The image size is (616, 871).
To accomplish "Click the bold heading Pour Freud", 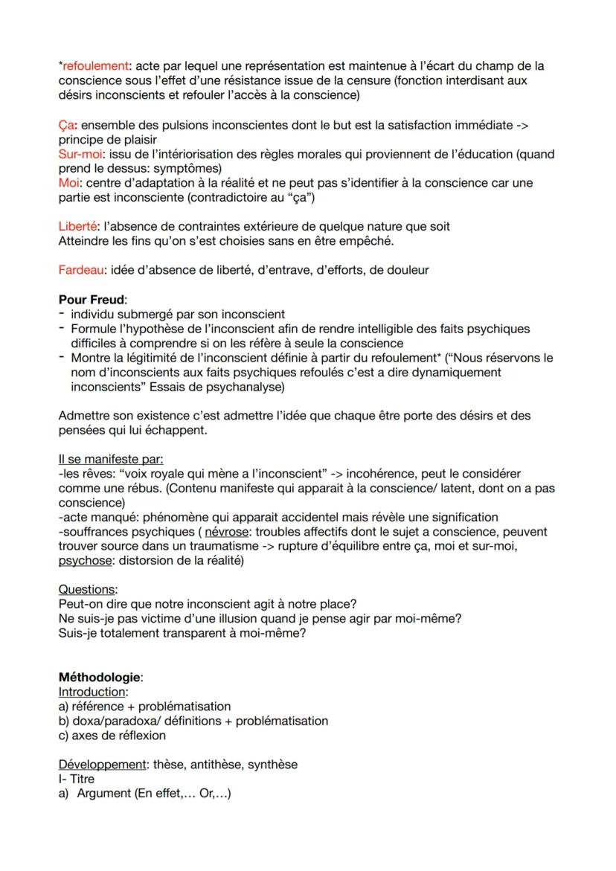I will click(x=92, y=300).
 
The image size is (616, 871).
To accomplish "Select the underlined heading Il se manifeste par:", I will click(x=111, y=459).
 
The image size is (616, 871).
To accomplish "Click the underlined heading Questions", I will click(x=87, y=590).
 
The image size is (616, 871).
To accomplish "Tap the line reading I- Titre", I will click(x=77, y=779).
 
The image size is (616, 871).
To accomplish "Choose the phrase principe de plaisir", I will click(x=109, y=139).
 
